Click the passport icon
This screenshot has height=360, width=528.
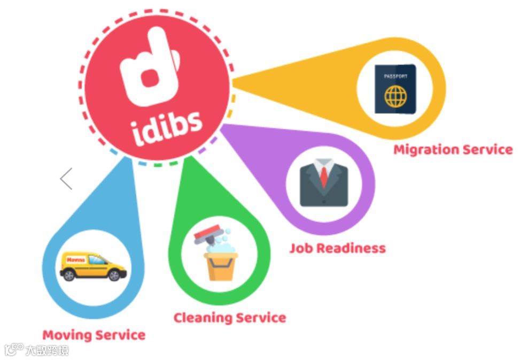(x=394, y=89)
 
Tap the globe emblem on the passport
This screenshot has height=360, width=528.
(x=395, y=97)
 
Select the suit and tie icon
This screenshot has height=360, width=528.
(x=323, y=184)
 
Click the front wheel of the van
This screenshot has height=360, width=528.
(x=114, y=275)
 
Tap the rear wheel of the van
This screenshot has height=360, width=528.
(x=69, y=275)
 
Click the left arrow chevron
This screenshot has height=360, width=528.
(x=66, y=179)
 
